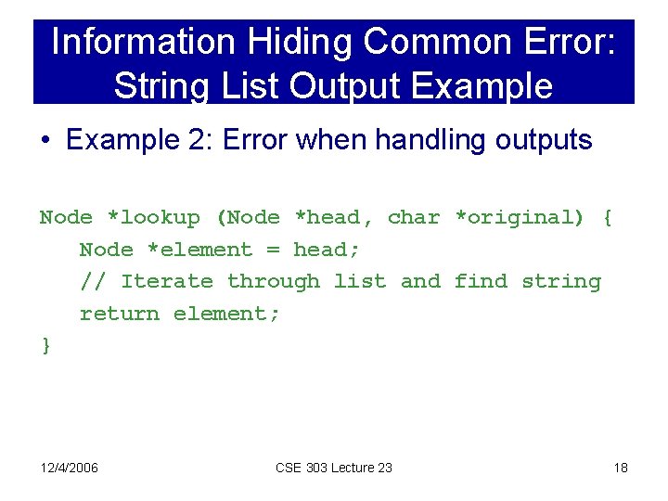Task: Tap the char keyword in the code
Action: pos(414,218)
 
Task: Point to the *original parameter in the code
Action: pos(520,218)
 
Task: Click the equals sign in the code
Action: pos(273,250)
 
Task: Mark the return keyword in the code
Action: pos(120,315)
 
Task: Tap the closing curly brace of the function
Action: pos(46,346)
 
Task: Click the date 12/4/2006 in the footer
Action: pos(70,468)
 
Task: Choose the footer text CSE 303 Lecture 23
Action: pos(334,468)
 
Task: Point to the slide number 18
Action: pos(621,468)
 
